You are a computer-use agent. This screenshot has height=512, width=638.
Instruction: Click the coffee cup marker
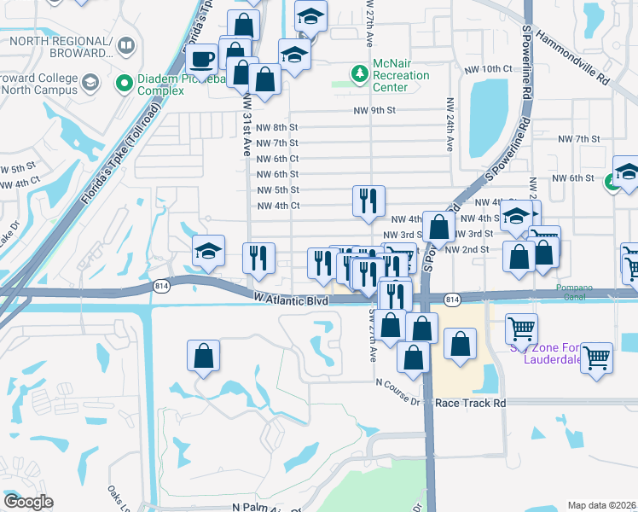(201, 59)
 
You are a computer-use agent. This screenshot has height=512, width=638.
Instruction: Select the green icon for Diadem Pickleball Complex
(125, 83)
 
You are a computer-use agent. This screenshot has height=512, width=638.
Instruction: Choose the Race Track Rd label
(471, 403)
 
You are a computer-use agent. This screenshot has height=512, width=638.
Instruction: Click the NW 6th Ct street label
(277, 159)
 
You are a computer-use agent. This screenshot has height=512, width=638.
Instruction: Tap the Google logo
(28, 502)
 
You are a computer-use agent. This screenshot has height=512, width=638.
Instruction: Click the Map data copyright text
(602, 505)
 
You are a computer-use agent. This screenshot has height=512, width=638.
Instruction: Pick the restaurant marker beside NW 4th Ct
(368, 201)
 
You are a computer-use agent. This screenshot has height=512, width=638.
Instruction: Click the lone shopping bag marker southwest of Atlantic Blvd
(204, 357)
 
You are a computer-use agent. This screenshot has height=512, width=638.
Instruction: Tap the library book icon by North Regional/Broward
(125, 46)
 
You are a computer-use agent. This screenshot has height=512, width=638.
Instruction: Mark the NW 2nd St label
(474, 249)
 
